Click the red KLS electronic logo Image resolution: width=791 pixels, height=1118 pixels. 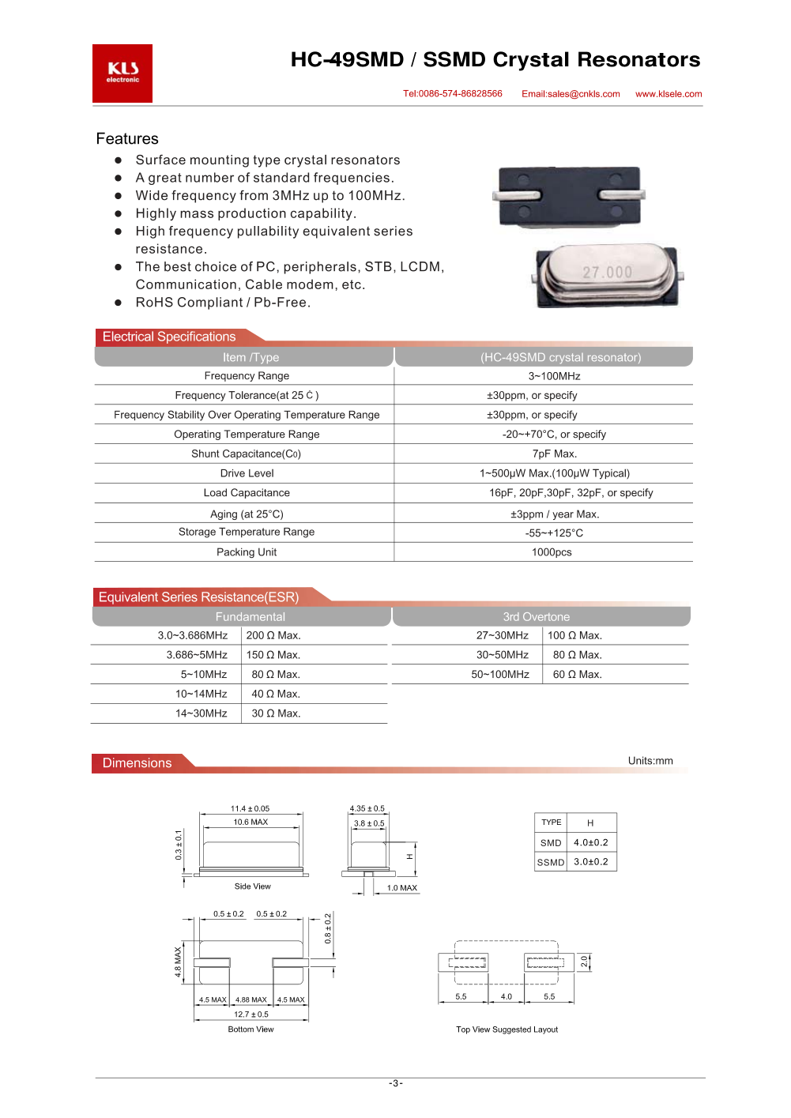[x=122, y=73]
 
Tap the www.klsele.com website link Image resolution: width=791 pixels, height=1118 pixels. [x=669, y=94]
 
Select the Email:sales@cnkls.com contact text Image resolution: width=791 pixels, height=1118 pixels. [x=571, y=94]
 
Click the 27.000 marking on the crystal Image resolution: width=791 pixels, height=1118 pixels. [x=607, y=273]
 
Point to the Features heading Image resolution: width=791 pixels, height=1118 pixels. [x=127, y=139]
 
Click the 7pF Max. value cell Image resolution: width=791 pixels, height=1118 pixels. [x=554, y=454]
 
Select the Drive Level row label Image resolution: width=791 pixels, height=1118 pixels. [x=247, y=473]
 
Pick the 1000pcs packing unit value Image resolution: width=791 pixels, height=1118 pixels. [x=552, y=552]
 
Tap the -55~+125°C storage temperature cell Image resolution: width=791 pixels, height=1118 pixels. [x=554, y=533]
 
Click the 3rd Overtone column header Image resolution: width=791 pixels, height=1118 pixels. [x=536, y=617]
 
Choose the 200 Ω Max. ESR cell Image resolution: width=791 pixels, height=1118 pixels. [x=273, y=636]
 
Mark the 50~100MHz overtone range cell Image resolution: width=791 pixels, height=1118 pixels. [x=500, y=675]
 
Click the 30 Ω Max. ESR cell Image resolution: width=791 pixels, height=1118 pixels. [x=276, y=713]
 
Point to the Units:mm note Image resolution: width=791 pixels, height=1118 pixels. [x=650, y=761]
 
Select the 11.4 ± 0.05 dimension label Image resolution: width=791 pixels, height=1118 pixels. [x=250, y=809]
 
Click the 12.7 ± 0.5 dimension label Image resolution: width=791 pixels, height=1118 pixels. [x=250, y=1014]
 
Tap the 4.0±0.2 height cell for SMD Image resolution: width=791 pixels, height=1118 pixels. [x=591, y=843]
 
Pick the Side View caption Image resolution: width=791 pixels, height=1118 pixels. [x=252, y=886]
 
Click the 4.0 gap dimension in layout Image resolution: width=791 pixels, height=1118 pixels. [x=507, y=997]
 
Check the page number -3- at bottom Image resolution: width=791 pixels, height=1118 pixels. [x=396, y=1083]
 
